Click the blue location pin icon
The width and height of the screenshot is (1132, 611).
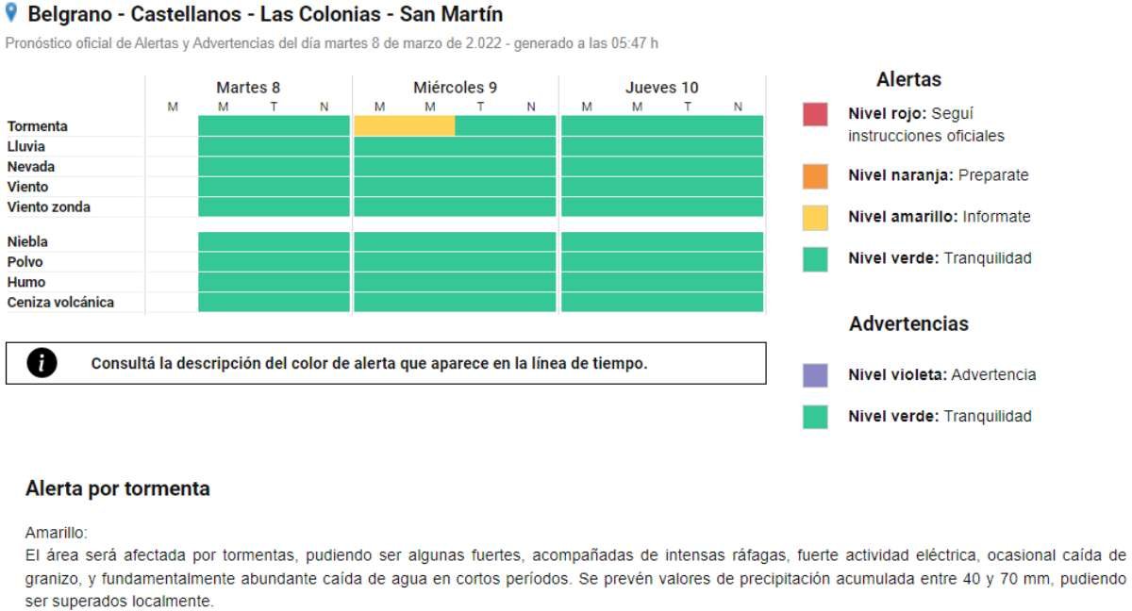(x=12, y=13)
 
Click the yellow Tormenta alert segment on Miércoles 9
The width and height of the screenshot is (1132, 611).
(x=405, y=125)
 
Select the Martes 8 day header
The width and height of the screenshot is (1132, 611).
(x=248, y=88)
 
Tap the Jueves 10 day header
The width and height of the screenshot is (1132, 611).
(x=662, y=88)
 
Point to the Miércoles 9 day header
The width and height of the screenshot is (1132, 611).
(x=455, y=88)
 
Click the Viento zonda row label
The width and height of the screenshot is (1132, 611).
(x=49, y=206)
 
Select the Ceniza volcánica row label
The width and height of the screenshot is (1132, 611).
(x=60, y=302)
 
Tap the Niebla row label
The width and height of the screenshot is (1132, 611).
(x=27, y=241)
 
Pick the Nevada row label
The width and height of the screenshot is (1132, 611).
(x=31, y=166)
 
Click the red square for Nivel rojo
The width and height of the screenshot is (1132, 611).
(x=815, y=114)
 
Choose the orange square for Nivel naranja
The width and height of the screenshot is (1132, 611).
(x=815, y=176)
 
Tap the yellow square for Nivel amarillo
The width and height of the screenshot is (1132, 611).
(x=815, y=218)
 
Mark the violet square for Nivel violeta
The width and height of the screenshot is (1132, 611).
(x=815, y=375)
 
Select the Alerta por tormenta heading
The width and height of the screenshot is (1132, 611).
(x=118, y=488)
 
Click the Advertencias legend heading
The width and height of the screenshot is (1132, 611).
(x=908, y=323)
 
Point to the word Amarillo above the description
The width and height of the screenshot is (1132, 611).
(x=56, y=533)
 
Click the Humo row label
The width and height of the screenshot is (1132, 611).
(x=26, y=282)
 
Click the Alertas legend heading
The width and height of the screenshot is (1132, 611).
(x=908, y=79)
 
